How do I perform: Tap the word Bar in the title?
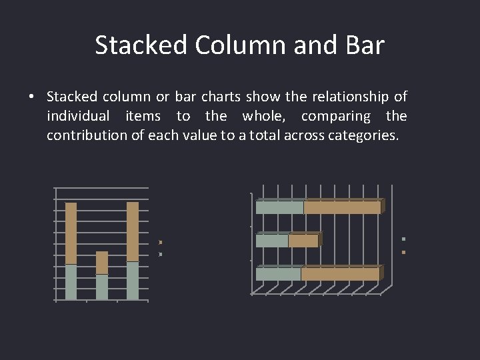click(x=365, y=45)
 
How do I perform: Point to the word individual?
click(x=78, y=116)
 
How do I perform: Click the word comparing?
click(x=336, y=116)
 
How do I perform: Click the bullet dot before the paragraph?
click(x=31, y=97)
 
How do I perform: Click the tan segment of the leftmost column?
click(x=71, y=233)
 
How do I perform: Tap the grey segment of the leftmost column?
click(x=71, y=282)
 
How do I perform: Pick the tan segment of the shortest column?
click(x=102, y=263)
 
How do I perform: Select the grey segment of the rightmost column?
click(x=133, y=281)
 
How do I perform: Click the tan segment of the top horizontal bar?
click(x=342, y=207)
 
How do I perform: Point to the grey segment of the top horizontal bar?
click(x=280, y=207)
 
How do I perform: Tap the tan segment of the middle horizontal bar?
click(x=303, y=241)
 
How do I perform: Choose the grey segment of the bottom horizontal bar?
click(x=279, y=274)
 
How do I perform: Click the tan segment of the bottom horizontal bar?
click(x=340, y=274)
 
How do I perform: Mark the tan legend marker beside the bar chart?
click(x=404, y=252)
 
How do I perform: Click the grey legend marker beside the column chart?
click(x=161, y=254)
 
